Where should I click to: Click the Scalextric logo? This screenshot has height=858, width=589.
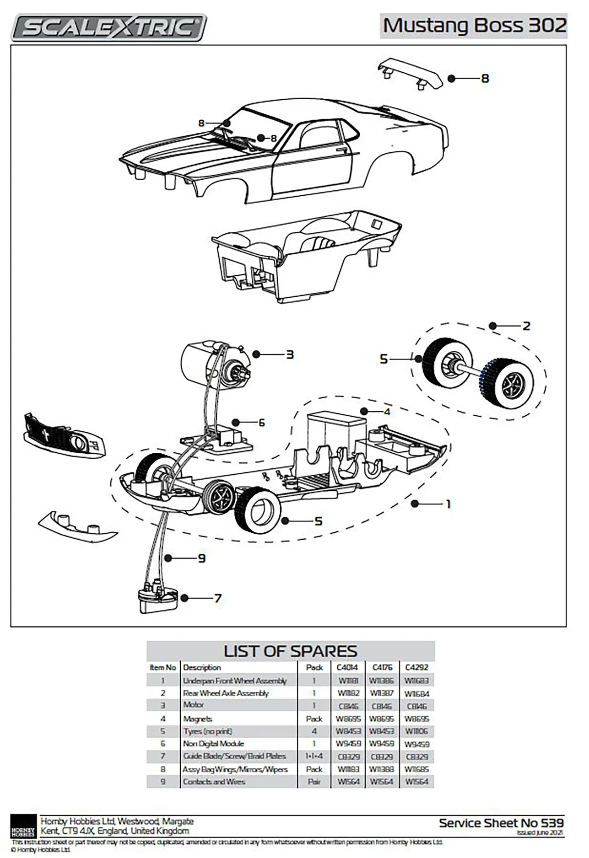coord(109,27)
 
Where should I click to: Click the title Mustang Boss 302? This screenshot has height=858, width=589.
coord(474,26)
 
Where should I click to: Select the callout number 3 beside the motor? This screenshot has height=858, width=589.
coord(290,354)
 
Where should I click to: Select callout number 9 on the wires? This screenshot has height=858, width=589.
coord(202,558)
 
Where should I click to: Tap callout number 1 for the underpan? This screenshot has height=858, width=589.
coord(449,504)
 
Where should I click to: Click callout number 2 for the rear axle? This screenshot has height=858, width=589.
coord(526,326)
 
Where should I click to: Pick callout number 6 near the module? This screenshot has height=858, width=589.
coord(262,422)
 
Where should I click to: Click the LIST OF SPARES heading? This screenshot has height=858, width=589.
coord(290,651)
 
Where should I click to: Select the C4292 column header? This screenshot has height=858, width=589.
coord(416,667)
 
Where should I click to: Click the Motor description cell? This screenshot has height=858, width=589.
coord(194,705)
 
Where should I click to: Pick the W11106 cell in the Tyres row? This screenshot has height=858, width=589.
coord(416,731)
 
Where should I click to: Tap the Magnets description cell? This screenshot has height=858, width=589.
coord(198,719)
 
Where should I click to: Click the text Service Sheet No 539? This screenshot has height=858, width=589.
coord(501,823)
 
